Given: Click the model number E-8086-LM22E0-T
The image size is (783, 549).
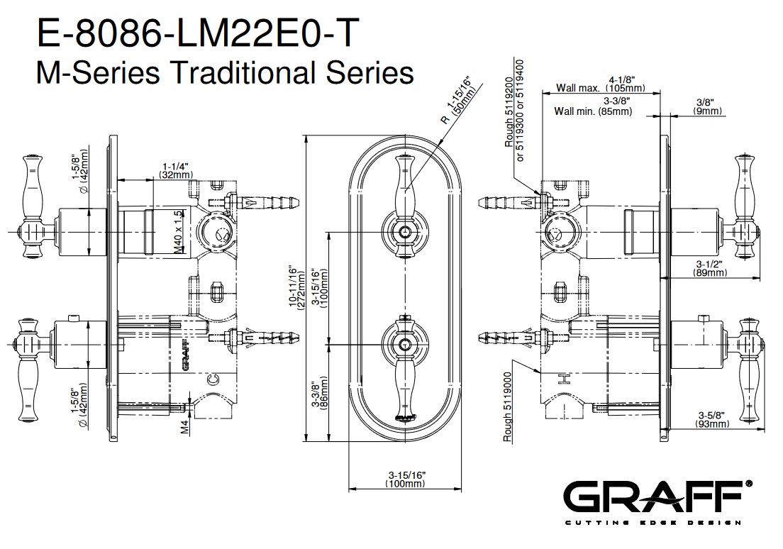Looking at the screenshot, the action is click(x=198, y=33).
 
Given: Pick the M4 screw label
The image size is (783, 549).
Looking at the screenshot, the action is click(x=185, y=427).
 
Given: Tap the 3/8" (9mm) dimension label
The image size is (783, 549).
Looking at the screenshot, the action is click(x=708, y=106).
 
